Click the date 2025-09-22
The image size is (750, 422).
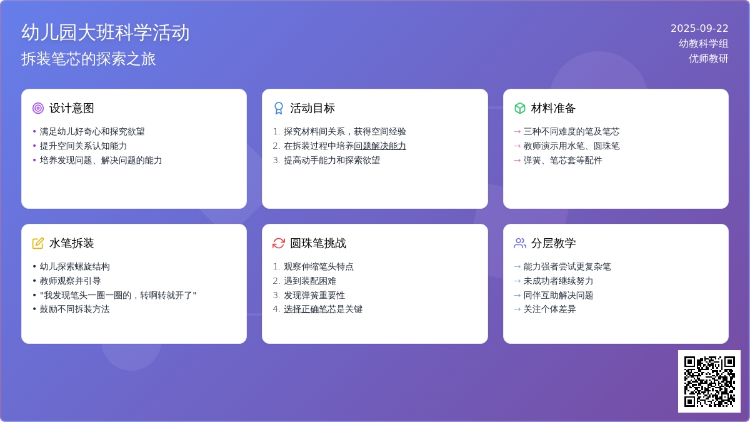[x=699, y=29]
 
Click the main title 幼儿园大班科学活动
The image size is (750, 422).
[x=106, y=33]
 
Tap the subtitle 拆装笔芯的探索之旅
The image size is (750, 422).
[x=88, y=59]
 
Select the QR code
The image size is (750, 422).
[x=709, y=381]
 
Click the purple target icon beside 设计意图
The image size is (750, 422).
[x=38, y=108]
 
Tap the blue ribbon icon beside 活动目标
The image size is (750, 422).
[x=279, y=108]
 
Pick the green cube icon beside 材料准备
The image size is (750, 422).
[x=519, y=108]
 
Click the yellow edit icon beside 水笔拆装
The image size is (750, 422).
[x=38, y=243]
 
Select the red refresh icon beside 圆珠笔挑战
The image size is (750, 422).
[x=279, y=243]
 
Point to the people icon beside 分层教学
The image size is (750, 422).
[x=519, y=243]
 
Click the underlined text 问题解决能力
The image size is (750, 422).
[x=380, y=146]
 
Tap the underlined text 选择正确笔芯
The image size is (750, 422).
[x=310, y=309]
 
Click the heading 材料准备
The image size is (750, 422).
[x=553, y=108]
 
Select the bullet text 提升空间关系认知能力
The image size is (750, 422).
[x=83, y=146]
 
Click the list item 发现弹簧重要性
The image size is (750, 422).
[x=314, y=295]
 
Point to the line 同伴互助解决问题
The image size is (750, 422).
[x=559, y=295]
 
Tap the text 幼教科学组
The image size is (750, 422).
[x=704, y=44]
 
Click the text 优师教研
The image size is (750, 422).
[x=709, y=59]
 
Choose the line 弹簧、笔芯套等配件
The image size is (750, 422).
[x=563, y=161]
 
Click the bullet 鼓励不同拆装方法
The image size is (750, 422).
[x=74, y=309]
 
